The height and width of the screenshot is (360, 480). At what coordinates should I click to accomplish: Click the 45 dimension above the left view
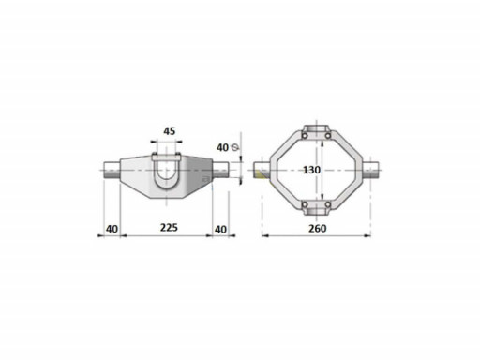coord(170,131)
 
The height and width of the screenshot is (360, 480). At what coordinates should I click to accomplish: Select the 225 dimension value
coord(169,228)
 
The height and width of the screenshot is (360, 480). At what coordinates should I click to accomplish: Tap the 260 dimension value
coord(318,229)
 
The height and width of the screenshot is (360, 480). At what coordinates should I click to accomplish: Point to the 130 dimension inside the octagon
coord(311,170)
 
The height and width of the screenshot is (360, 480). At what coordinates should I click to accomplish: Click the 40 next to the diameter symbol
coord(222,147)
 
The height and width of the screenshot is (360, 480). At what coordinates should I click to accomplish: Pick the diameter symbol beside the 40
coord(235,147)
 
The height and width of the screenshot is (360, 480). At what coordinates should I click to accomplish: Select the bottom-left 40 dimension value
coord(112,229)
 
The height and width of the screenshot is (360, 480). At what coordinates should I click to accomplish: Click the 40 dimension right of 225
coord(220,230)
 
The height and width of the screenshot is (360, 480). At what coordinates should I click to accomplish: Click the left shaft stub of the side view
coord(112,171)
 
